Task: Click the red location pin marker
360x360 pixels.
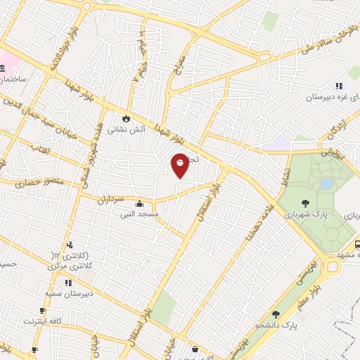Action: (181, 165)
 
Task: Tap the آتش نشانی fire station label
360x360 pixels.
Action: (127, 130)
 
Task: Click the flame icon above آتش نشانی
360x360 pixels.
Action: (127, 118)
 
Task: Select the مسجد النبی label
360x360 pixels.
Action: (139, 213)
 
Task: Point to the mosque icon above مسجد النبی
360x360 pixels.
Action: (139, 202)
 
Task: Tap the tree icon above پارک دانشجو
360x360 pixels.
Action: (276, 314)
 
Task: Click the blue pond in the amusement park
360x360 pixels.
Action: (326, 184)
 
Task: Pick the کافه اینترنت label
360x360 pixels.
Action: (43, 321)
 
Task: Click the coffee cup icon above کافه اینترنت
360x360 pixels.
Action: (43, 310)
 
